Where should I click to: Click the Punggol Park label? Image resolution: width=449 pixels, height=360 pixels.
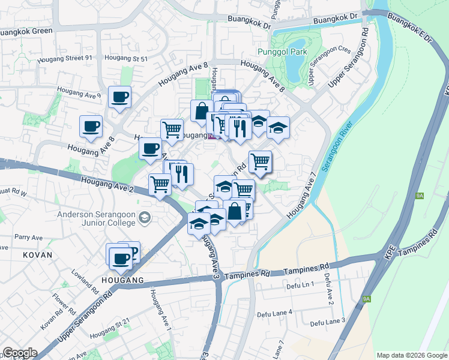(x=282, y=52)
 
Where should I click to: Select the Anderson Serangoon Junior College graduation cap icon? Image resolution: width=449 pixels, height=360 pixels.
(x=144, y=217)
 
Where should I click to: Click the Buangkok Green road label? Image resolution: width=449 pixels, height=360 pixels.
(x=27, y=31)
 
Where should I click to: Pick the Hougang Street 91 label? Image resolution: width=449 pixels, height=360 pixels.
(x=65, y=59)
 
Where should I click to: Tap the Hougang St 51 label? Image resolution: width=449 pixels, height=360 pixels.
(x=125, y=58)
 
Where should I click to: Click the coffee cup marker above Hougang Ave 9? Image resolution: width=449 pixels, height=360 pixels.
(x=119, y=96)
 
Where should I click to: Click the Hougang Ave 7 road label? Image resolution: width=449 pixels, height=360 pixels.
(x=301, y=197)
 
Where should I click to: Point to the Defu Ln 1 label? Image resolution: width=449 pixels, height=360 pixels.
(x=300, y=285)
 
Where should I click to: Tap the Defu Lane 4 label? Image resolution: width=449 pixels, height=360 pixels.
(x=274, y=313)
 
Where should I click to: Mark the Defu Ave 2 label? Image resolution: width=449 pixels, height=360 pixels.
(x=328, y=288)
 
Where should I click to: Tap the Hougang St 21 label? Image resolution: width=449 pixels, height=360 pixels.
(x=110, y=323)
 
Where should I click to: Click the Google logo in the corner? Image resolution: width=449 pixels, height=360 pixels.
(x=19, y=353)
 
